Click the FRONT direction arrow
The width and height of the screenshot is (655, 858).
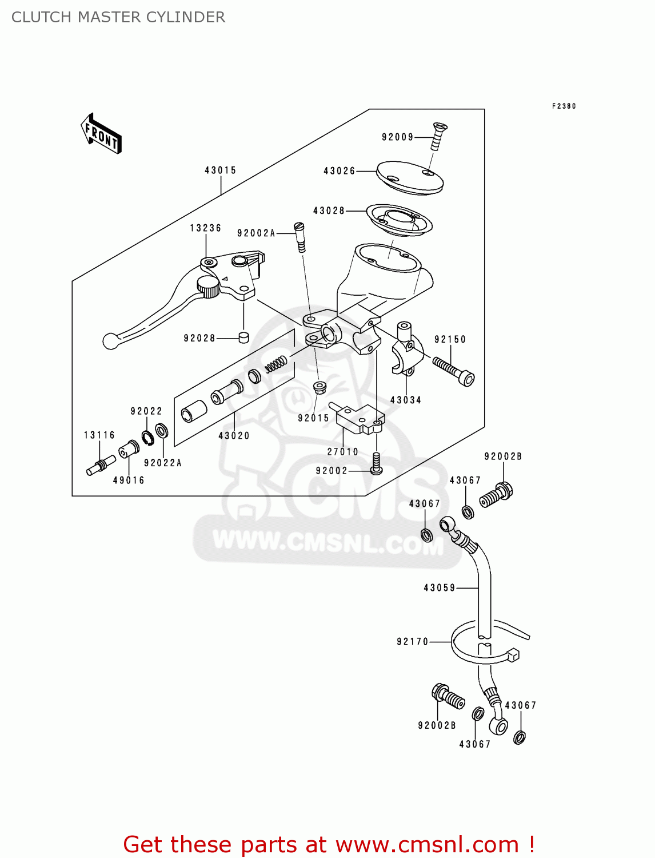tap(102, 134)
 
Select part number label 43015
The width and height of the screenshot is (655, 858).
tap(220, 170)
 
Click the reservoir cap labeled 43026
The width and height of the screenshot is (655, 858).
tap(409, 177)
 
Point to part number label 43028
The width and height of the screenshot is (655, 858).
tap(329, 211)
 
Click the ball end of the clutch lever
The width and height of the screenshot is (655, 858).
tap(110, 341)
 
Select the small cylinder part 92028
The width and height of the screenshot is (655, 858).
tap(244, 337)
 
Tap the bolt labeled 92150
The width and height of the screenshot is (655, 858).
tap(454, 371)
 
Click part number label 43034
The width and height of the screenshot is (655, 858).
tap(405, 400)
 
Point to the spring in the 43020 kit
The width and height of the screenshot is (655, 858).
tap(276, 364)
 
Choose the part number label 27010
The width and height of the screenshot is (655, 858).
tap(342, 452)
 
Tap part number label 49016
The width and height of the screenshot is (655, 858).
tap(129, 480)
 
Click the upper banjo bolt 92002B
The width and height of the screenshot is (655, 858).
tap(496, 495)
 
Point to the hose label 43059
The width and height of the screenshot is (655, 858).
tap(439, 588)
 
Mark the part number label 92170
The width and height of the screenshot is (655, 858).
tap(412, 642)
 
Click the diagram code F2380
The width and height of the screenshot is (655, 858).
tap(564, 106)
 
